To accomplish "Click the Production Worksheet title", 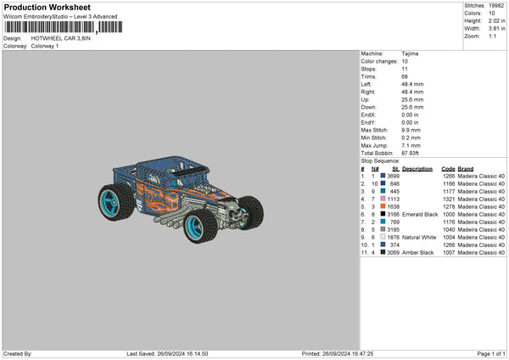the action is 47,7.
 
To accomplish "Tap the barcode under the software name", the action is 64,27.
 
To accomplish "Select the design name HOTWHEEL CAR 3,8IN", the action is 61,38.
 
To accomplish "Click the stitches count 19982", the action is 496,6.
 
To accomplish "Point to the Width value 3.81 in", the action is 496,29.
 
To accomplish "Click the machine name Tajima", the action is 410,53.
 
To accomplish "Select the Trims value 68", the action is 405,76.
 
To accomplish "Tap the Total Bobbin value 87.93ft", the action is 410,153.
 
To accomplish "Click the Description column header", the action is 417,169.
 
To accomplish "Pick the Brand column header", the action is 466,169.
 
